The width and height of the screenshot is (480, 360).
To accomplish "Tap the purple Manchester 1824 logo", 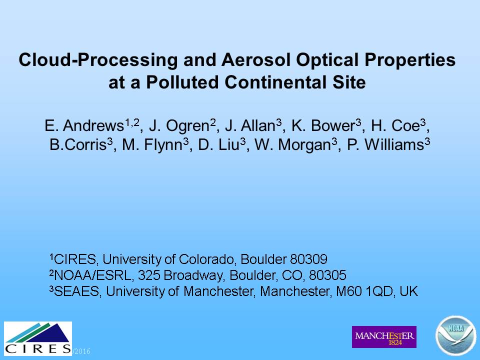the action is pyautogui.click(x=384, y=337).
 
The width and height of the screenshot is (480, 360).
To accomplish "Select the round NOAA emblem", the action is pyautogui.click(x=456, y=336).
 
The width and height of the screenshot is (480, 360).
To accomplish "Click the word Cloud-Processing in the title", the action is pyautogui.click(x=98, y=59).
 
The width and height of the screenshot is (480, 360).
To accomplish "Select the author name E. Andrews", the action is pyautogui.click(x=84, y=125).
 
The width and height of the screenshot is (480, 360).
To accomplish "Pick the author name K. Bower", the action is pyautogui.click(x=323, y=125).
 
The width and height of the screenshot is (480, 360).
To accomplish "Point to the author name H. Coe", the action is pyautogui.click(x=395, y=125).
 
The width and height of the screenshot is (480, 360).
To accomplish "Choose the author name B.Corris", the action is pyautogui.click(x=78, y=144).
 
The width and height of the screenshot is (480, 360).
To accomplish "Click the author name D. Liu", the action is pyautogui.click(x=218, y=144).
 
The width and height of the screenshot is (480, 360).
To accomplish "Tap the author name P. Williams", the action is pyautogui.click(x=385, y=144).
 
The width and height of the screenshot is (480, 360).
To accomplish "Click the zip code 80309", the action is pyautogui.click(x=308, y=259).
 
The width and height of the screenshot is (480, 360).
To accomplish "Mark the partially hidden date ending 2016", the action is pyautogui.click(x=81, y=351).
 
